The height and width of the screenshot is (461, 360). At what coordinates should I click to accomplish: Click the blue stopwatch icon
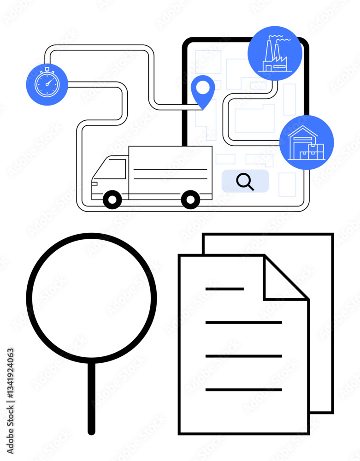coord(47,84)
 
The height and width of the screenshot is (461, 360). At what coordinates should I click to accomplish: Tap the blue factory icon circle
coord(275,53)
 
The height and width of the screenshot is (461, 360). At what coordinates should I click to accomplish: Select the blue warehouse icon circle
coord(306,142)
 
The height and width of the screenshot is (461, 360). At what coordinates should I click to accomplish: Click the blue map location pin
coord(203,90)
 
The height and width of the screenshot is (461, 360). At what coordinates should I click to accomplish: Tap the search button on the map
coord(245,181)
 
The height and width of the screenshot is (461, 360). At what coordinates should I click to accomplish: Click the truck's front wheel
coord(112,200)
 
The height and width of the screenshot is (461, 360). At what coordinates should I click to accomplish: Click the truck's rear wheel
coord(190,200)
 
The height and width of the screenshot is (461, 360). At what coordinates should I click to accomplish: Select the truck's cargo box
coord(170,171)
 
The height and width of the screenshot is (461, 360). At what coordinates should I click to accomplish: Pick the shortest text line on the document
coord(224,289)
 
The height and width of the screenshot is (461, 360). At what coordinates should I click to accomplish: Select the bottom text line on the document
coord(243,390)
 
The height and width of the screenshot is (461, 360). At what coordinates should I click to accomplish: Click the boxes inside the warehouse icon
coord(312,151)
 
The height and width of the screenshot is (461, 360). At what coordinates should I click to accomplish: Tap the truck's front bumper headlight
coord(94,183)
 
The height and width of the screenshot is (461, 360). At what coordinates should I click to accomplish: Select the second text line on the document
coord(243,323)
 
